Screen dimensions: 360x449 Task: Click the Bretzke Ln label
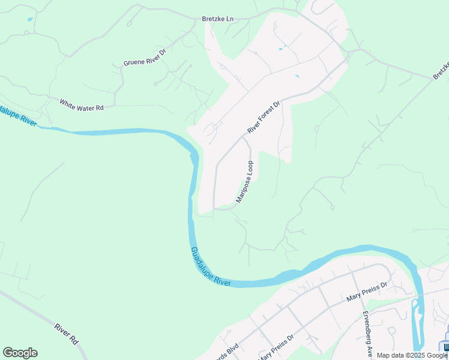216,19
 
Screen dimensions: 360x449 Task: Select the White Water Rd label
82,104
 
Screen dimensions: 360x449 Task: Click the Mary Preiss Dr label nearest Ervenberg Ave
368,290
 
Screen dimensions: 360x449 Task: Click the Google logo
20,353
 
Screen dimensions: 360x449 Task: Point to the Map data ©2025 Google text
412,355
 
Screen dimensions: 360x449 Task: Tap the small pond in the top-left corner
29,20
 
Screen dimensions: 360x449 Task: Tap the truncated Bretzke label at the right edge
441,70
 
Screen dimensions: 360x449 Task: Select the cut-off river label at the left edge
18,118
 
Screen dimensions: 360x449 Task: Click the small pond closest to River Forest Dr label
297,76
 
